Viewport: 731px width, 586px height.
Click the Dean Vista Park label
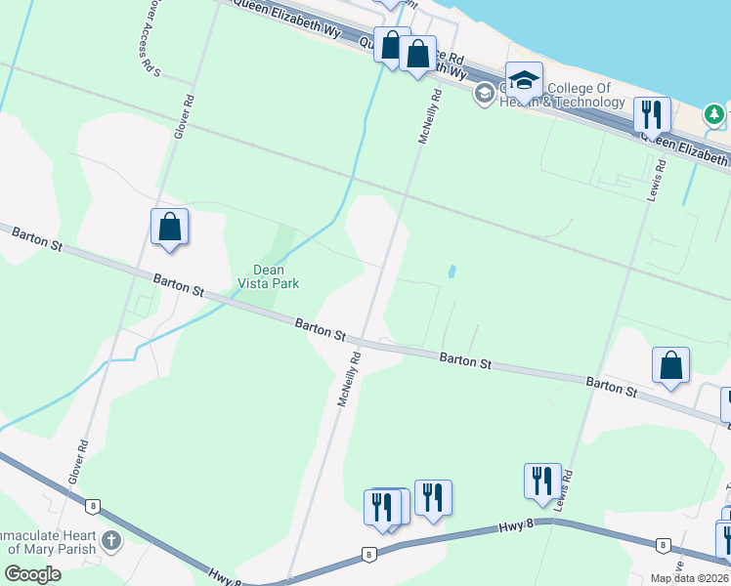pos(268,276)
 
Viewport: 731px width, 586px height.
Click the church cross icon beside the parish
pos(111,540)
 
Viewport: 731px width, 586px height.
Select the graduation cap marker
pos(524,81)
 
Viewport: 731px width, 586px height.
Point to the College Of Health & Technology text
pos(567,96)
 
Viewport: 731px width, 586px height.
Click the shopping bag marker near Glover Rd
pos(169,227)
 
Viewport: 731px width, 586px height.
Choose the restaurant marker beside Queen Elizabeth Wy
pos(651,114)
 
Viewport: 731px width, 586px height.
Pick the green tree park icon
pos(714,115)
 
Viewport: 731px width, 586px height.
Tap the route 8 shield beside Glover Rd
pos(92,506)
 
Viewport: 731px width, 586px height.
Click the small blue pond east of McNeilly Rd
pos(451,272)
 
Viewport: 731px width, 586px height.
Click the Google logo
pos(32,574)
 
